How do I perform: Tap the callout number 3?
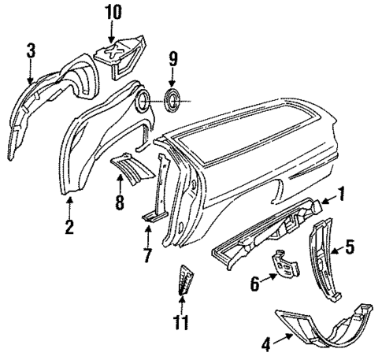click(30, 53)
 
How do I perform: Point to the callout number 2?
click(69, 228)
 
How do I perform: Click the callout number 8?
click(119, 203)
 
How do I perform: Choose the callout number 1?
click(341, 192)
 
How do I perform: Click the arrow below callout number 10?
click(112, 32)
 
